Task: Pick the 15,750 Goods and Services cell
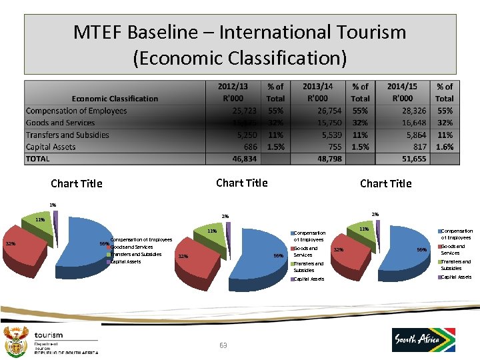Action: click(326, 123)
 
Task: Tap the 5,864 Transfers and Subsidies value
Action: click(411, 135)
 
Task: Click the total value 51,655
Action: click(408, 159)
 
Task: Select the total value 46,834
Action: click(241, 159)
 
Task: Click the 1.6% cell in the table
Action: click(444, 147)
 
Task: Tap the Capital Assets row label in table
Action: click(51, 147)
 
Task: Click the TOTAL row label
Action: click(38, 159)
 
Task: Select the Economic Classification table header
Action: click(115, 99)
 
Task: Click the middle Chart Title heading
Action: click(242, 183)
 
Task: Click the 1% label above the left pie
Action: click(53, 205)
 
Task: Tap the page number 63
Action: click(223, 345)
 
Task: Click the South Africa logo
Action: click(423, 339)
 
